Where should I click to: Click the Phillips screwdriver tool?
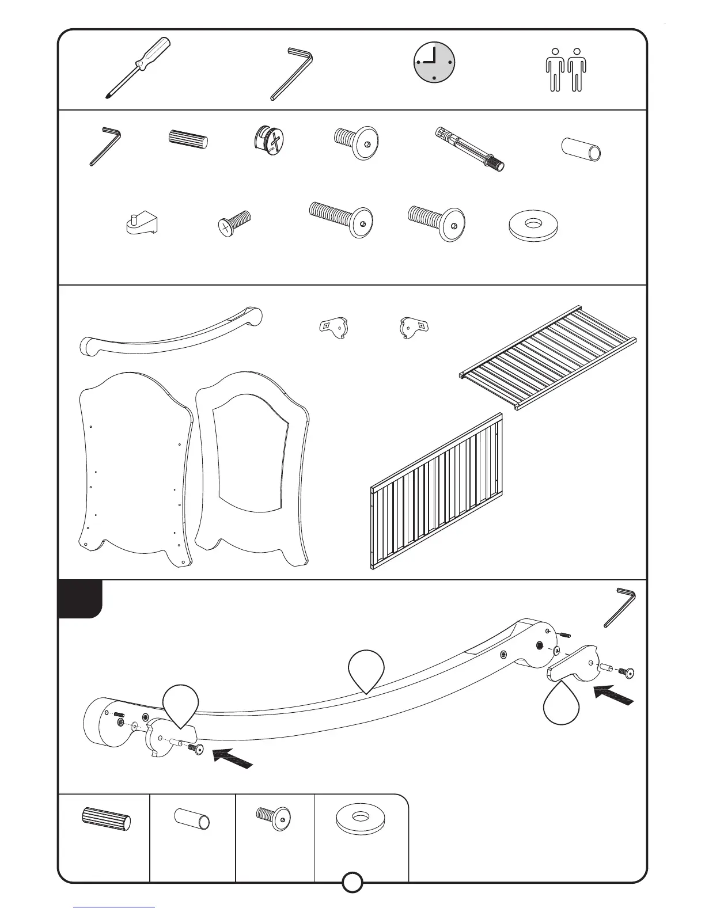click(138, 67)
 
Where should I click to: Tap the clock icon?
click(434, 62)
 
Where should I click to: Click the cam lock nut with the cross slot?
click(269, 141)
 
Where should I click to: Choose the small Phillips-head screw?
click(234, 223)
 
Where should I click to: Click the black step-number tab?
click(80, 599)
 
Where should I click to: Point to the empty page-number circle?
click(352, 898)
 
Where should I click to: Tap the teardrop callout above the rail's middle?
click(366, 669)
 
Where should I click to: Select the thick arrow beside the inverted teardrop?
click(615, 694)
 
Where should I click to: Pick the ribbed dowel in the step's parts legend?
click(107, 820)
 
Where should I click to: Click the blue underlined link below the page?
click(114, 907)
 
